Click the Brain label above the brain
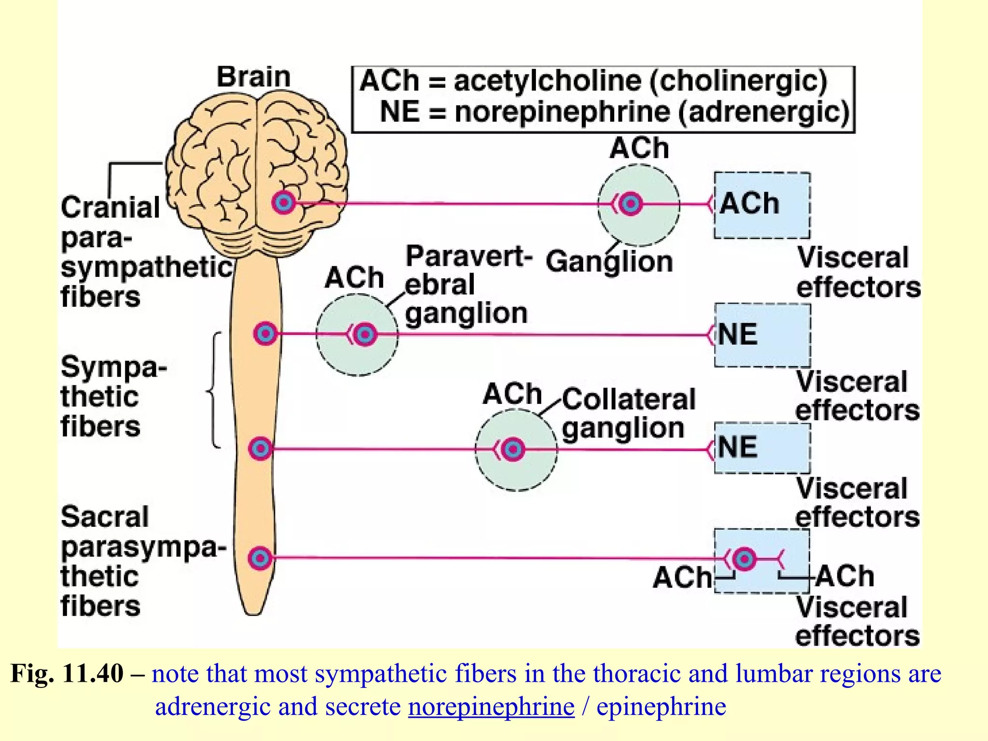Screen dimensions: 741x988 [x=253, y=77]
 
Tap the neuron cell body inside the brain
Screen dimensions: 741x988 [x=283, y=203]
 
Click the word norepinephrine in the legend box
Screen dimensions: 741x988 [x=563, y=112]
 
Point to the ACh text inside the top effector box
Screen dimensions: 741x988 [x=749, y=204]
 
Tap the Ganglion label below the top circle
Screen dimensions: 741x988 [x=609, y=262]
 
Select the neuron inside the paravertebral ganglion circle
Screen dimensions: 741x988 [x=365, y=334]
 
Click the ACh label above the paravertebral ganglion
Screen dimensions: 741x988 [x=354, y=278]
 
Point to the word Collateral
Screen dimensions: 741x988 [x=629, y=399]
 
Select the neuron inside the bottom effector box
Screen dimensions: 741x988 [x=744, y=559]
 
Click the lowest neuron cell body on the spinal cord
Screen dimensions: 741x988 [x=261, y=559]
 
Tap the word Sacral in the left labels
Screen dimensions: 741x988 [x=105, y=517]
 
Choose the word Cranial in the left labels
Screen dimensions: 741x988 [x=110, y=207]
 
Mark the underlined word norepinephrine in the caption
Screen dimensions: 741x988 [x=491, y=707]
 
